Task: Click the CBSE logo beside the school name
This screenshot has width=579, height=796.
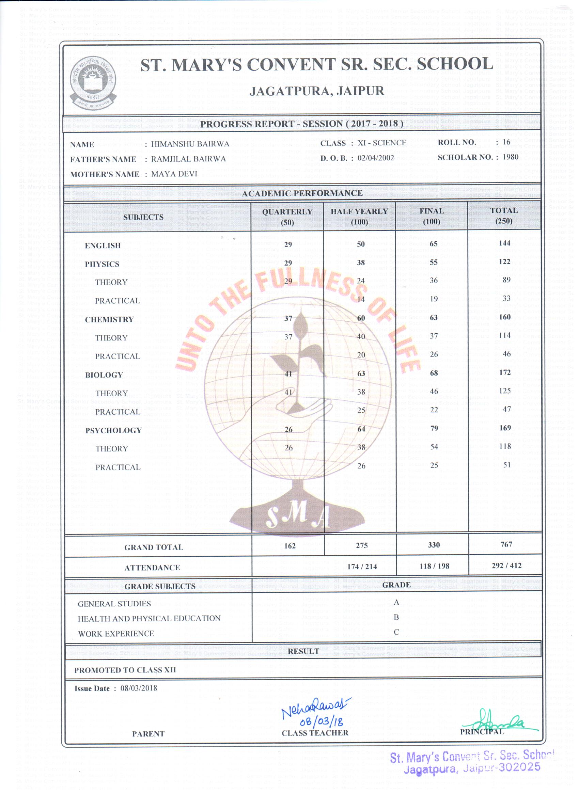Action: [x=92, y=82]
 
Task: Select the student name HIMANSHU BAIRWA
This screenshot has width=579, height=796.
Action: [x=190, y=144]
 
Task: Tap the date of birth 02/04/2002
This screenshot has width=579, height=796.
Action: [x=375, y=158]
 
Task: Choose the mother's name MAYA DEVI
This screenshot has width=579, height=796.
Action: [x=174, y=174]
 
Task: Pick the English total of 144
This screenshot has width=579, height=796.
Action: [x=504, y=243]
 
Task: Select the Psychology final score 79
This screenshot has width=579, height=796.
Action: [x=434, y=428]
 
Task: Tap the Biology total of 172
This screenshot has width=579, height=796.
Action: [x=504, y=372]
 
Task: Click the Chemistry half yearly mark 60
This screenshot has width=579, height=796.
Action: [x=361, y=318]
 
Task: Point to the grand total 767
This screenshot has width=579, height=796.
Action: [x=506, y=544]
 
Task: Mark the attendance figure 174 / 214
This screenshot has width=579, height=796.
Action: [x=362, y=567]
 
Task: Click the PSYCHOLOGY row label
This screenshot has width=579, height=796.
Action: [x=113, y=431]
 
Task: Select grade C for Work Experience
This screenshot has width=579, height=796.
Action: [x=396, y=632]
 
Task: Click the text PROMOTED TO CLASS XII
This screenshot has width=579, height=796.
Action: [x=125, y=670]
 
